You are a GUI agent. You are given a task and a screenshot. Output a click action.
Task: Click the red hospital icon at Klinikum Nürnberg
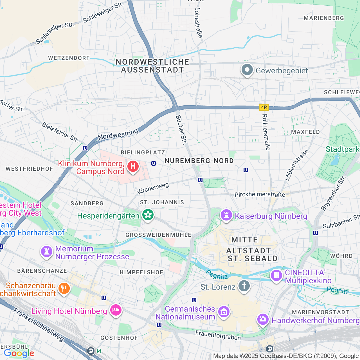(133, 166)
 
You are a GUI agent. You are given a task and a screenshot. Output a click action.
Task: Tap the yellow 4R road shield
(264, 107)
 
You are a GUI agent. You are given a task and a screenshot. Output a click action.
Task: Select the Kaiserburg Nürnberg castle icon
(226, 215)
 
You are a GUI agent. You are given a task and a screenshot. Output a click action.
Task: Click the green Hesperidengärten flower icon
(148, 215)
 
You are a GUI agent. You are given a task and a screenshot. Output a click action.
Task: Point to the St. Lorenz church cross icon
(244, 286)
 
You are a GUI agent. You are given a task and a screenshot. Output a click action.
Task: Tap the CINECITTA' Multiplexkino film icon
(276, 275)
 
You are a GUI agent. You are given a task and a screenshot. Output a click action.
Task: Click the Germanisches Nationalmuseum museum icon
(224, 312)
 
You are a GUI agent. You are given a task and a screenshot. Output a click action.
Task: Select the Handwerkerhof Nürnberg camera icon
(263, 319)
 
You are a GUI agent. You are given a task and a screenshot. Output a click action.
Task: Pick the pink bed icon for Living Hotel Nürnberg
(116, 310)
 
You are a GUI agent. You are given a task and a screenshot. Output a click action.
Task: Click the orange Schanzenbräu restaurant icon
(64, 289)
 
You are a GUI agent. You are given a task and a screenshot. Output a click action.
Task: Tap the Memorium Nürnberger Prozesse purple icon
(47, 251)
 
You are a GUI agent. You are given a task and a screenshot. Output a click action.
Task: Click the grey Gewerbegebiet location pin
(247, 70)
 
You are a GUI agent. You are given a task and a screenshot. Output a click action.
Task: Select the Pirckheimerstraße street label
(260, 194)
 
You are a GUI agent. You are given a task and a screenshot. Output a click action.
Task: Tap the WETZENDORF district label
(69, 58)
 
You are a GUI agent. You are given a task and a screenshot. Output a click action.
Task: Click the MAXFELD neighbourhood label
(305, 132)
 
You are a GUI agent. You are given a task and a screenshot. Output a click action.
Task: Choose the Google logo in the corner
(19, 353)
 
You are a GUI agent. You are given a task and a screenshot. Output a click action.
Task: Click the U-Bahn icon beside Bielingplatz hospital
(154, 163)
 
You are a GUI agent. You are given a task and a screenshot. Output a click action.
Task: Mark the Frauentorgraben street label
(218, 335)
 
